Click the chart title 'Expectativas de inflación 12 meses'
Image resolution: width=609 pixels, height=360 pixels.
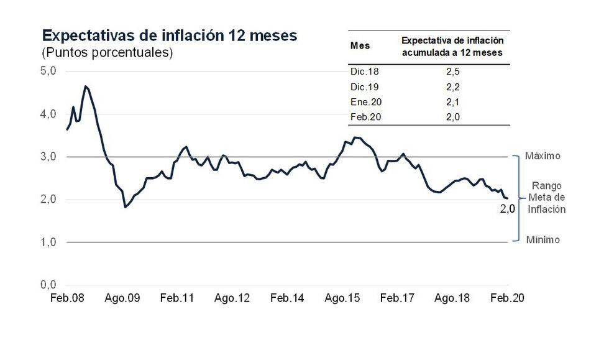pos(169,35)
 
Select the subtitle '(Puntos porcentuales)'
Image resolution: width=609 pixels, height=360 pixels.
pos(107,53)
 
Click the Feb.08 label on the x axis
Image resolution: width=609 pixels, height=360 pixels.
pos(68,298)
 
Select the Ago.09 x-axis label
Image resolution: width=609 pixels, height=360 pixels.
pos(122,298)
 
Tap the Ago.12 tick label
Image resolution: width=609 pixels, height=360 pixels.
pos(232,298)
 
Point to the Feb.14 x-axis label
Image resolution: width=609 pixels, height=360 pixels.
pos(287,298)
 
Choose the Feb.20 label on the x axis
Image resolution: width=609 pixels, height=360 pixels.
pos(507,298)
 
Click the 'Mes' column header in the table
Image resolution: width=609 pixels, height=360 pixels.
pos(360,45)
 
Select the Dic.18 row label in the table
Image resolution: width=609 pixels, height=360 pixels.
pos(364,72)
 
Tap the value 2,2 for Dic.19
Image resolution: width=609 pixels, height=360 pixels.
pos(452,86)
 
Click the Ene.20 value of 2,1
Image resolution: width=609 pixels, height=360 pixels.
pos(452,101)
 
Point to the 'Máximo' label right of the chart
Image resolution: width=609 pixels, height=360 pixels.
pos(543,156)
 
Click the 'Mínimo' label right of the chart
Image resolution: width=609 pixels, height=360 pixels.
pos(542,240)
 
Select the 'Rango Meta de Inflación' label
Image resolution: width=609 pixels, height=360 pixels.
pos(547,198)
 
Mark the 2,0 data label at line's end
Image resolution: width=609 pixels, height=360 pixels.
pos(507,209)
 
